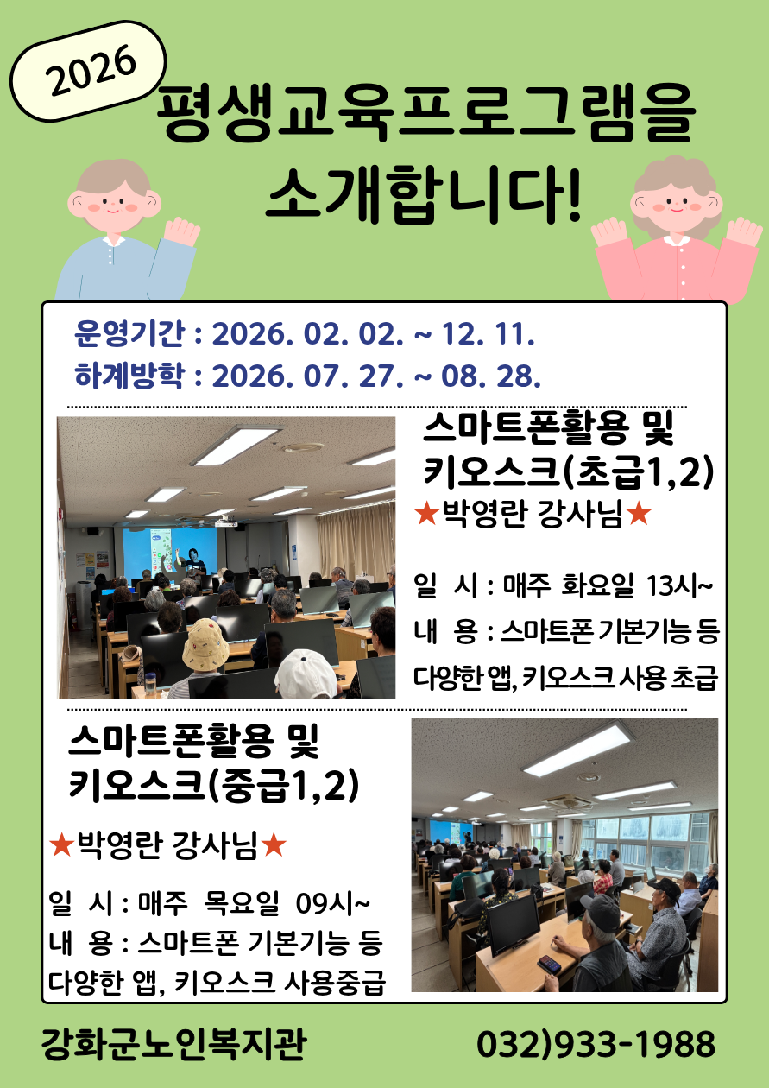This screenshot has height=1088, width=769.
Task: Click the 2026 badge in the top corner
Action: (x=88, y=71)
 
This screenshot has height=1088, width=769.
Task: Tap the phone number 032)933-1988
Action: (x=596, y=1044)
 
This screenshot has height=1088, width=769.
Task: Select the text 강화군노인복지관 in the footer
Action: (x=173, y=1044)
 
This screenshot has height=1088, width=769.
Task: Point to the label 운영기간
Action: (x=129, y=334)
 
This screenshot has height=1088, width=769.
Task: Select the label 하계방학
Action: (x=129, y=376)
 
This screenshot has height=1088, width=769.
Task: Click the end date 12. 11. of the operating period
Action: (x=488, y=335)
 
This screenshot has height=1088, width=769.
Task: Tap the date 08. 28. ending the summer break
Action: (x=490, y=376)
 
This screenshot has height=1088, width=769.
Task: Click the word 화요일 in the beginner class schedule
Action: (x=597, y=586)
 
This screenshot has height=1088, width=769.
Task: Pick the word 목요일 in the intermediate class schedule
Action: (x=242, y=904)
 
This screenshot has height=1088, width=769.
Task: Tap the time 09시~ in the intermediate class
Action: (x=332, y=904)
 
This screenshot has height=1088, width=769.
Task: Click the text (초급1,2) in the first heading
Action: (x=639, y=472)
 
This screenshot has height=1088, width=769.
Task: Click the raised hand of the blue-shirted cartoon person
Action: (x=181, y=232)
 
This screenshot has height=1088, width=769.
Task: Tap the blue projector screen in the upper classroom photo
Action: (x=169, y=550)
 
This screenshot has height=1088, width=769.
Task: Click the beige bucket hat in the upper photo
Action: (x=205, y=644)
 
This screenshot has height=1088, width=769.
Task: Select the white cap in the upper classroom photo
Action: (x=305, y=674)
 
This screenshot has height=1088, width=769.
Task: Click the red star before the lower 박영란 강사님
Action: (x=61, y=845)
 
